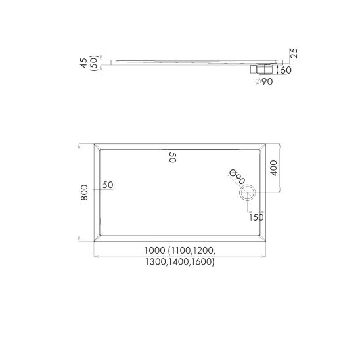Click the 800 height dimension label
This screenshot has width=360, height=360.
point(85,192)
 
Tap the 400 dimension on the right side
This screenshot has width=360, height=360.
point(273,168)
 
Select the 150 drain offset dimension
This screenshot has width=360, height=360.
point(256,217)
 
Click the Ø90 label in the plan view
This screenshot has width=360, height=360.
point(237,177)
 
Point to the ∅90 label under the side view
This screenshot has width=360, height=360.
point(264,81)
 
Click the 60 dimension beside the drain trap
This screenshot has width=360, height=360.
point(286,70)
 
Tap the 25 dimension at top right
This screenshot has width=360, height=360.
point(294,53)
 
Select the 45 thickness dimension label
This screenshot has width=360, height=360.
point(84,63)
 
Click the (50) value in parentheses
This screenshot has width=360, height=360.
point(95,63)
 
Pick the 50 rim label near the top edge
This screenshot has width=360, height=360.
point(172,157)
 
